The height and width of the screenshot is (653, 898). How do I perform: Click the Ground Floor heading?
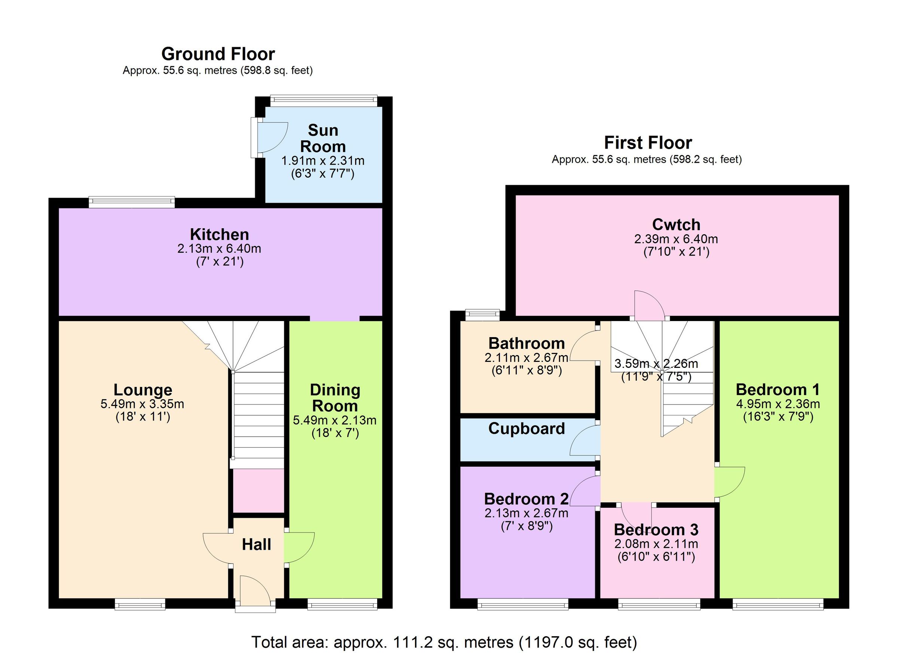coord(218,54)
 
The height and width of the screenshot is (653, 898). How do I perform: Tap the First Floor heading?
coord(648,143)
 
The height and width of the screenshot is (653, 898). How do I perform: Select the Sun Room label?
coord(323,138)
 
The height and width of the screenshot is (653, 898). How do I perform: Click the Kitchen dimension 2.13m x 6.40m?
coord(219,249)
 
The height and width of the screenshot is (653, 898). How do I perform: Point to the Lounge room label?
coord(143,390)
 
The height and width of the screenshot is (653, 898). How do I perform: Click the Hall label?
coord(257,544)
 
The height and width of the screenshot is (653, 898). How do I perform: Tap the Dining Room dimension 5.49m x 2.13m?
coord(335,420)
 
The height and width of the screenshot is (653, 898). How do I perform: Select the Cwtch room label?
coord(676,225)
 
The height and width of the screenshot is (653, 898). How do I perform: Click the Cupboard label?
coord(526,428)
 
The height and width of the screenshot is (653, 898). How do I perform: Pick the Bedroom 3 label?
coord(656,530)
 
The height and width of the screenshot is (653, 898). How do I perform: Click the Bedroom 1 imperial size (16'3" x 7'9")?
coord(778,416)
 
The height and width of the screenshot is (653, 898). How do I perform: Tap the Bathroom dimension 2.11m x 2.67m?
coord(526,358)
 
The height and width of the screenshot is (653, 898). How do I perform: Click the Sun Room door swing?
coord(273,137)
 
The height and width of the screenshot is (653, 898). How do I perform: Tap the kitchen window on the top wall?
coord(131,202)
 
